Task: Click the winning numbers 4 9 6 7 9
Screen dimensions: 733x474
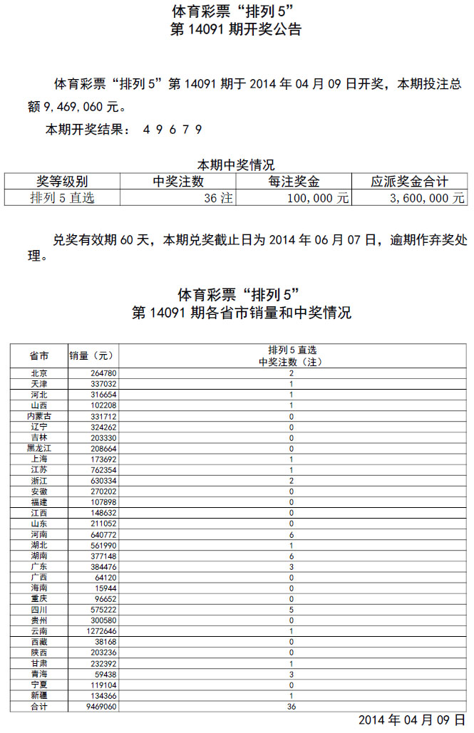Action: [172, 130]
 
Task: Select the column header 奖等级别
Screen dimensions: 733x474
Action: [62, 182]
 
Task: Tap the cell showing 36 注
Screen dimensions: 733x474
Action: [218, 198]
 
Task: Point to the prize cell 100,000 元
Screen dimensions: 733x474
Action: [318, 198]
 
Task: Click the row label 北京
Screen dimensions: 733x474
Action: [39, 373]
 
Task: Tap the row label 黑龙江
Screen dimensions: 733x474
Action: [39, 449]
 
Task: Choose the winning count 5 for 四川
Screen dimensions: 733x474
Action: [292, 610]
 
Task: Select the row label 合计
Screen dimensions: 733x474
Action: [39, 707]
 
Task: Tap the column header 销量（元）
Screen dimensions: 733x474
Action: [91, 355]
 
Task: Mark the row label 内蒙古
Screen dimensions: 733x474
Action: [39, 416]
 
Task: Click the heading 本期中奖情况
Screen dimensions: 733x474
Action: [235, 165]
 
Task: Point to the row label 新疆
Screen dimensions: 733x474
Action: [39, 696]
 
